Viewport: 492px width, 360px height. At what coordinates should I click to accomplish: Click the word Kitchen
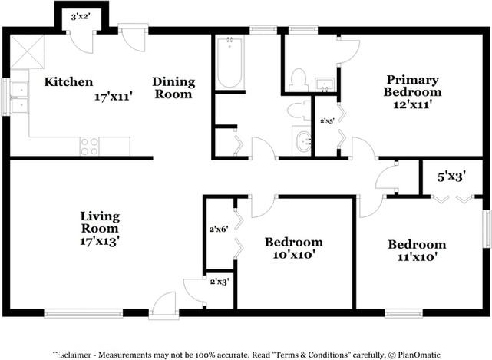68,82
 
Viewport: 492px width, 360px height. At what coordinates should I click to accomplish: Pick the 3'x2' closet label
80,15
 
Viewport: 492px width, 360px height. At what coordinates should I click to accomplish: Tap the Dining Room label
173,88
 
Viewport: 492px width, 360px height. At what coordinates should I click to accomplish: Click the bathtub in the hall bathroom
229,63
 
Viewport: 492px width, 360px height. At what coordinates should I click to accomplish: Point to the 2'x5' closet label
326,121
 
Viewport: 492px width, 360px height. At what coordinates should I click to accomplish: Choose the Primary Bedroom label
413,86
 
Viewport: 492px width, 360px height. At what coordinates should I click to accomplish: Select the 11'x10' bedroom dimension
417,258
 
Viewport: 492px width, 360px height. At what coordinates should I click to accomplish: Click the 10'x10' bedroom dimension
294,255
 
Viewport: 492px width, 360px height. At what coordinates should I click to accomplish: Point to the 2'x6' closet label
219,229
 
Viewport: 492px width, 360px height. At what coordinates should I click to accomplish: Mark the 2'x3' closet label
220,282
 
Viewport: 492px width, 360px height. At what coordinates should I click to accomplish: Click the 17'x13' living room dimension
100,241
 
